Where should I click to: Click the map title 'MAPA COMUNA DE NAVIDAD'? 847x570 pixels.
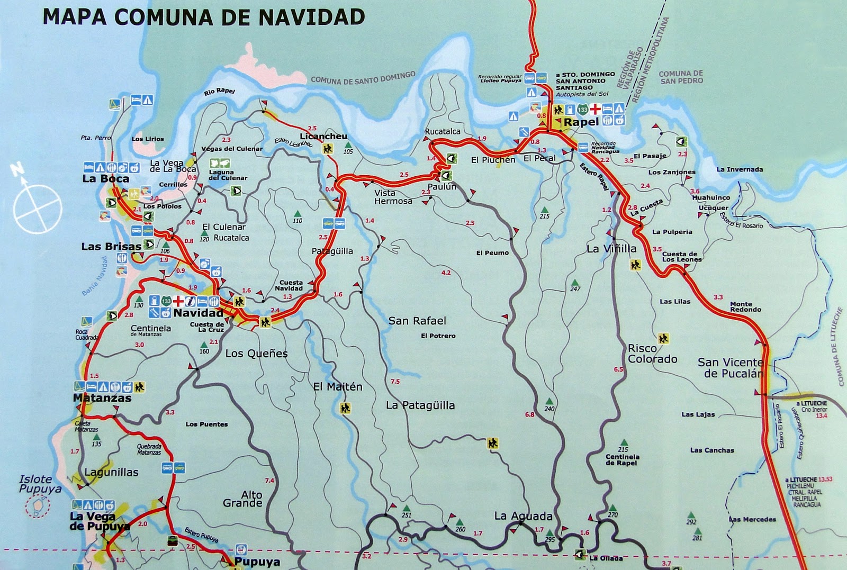(x=204, y=17)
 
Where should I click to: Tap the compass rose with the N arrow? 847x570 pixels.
(x=37, y=209)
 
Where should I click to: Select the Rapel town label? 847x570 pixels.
(x=581, y=122)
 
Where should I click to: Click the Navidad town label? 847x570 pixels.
(x=199, y=313)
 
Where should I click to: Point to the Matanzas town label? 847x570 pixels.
(x=102, y=398)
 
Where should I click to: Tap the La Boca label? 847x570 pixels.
(x=105, y=179)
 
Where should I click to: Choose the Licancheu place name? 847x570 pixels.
(x=323, y=137)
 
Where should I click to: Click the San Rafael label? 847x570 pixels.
(x=417, y=321)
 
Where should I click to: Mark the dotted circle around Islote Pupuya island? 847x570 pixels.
(x=38, y=506)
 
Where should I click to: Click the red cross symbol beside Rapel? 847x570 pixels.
(x=595, y=110)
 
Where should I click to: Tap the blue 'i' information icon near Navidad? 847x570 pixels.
(x=190, y=301)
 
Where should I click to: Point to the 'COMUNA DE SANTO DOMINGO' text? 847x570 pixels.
(x=363, y=78)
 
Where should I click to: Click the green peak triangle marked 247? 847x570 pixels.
(x=574, y=283)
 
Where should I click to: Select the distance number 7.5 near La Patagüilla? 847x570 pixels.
(x=395, y=382)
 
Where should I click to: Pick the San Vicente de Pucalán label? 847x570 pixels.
(x=731, y=368)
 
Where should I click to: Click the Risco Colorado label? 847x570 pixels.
(x=652, y=354)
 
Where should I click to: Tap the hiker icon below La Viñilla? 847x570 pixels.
(x=635, y=265)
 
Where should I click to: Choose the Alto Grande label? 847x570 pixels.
(x=243, y=499)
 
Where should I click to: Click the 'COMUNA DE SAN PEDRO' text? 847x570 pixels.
(x=681, y=77)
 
